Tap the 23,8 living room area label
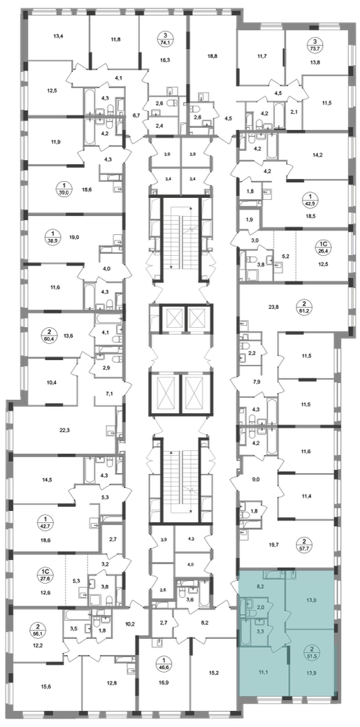275,306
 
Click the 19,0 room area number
75,236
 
